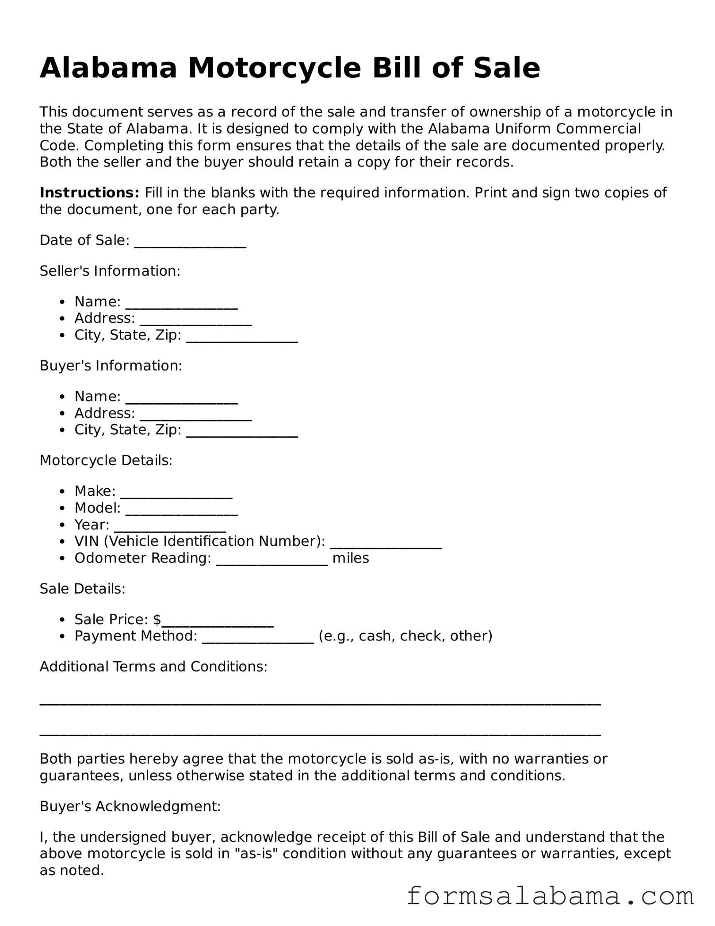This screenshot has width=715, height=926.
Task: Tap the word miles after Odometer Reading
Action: tap(351, 558)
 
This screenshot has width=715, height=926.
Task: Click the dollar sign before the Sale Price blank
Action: tap(157, 619)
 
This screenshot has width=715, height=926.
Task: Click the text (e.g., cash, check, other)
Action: tap(405, 636)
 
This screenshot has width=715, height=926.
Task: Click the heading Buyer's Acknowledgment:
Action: tap(130, 806)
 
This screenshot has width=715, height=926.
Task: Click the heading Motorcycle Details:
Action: tap(106, 461)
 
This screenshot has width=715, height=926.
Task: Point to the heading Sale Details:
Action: tap(83, 589)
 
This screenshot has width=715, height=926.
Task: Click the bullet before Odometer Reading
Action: tap(64, 559)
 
